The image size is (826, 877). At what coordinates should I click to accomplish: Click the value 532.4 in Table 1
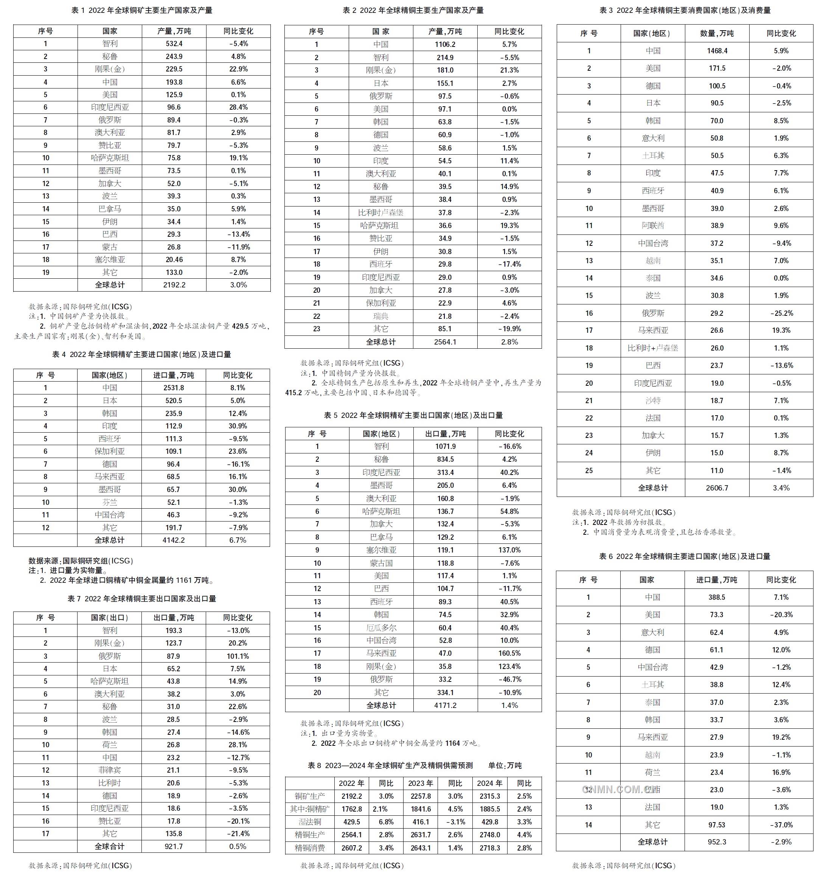click(x=174, y=43)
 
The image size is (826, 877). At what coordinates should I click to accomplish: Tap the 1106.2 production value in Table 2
click(x=445, y=45)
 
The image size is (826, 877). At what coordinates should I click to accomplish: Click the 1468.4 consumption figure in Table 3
click(x=717, y=51)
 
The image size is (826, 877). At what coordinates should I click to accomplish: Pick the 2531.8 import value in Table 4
click(x=173, y=388)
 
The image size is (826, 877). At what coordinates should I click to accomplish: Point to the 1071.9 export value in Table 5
click(x=445, y=446)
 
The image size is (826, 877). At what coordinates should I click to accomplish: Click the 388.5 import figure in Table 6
click(x=717, y=597)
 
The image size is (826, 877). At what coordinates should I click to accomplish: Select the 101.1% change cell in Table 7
click(x=238, y=656)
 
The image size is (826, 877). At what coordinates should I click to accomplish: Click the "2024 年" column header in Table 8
click(x=490, y=784)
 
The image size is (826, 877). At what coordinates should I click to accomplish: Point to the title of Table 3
click(x=685, y=10)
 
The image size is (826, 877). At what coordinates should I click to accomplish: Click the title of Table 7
click(x=141, y=599)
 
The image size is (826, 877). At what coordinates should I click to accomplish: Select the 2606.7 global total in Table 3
click(x=717, y=488)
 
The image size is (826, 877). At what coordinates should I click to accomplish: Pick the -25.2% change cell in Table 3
click(x=781, y=313)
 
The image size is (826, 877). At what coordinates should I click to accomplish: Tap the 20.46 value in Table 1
click(x=174, y=259)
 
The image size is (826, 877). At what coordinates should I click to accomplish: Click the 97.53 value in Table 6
click(x=717, y=825)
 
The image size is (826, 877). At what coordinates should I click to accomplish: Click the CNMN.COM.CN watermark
click(x=617, y=790)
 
